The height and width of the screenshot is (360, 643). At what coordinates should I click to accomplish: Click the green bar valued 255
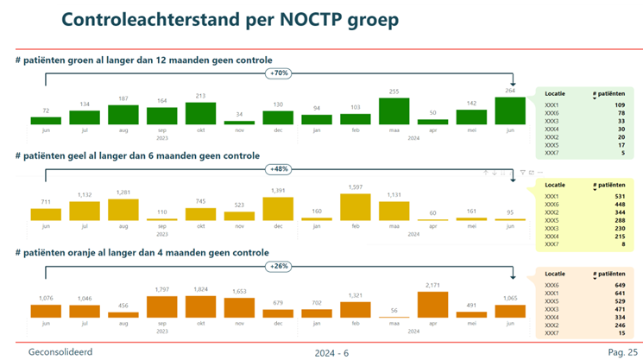(394, 111)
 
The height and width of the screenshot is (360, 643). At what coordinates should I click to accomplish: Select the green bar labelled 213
(200, 114)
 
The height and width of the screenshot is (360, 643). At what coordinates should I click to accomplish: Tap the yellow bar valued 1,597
(356, 207)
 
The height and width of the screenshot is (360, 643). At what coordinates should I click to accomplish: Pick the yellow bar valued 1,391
(278, 209)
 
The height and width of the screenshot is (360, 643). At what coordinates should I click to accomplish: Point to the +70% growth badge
(279, 74)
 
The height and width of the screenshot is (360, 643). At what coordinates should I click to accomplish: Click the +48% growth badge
(279, 169)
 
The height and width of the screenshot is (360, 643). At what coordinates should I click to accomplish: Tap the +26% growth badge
(279, 266)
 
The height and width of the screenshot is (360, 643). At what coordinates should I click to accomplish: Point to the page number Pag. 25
(622, 352)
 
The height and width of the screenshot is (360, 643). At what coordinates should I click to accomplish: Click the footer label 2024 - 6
(331, 352)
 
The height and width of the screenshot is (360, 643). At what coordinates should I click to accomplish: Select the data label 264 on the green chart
(510, 90)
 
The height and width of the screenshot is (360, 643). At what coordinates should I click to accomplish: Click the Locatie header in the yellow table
(556, 186)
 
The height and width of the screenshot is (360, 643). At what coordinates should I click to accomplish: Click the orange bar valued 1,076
(46, 311)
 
